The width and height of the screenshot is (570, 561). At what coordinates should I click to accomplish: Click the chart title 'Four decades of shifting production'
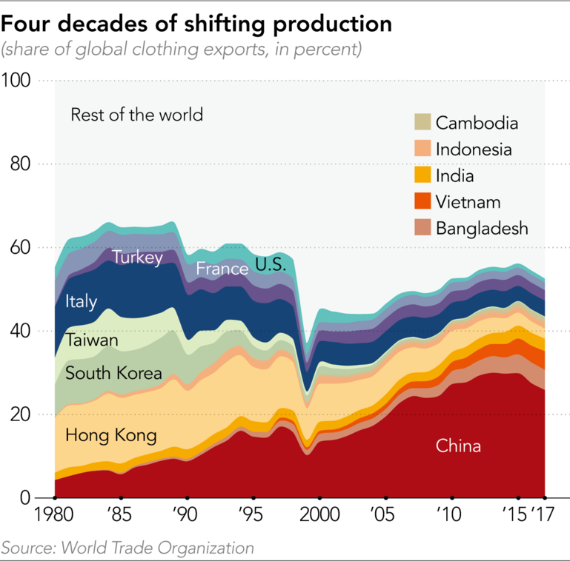click(196, 24)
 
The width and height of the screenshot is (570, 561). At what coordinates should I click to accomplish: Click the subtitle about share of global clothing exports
click(182, 50)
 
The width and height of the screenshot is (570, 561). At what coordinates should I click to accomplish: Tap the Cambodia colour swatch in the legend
click(422, 123)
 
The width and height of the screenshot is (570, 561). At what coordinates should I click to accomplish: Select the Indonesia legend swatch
click(422, 149)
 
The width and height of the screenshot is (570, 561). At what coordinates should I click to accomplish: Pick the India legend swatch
click(422, 175)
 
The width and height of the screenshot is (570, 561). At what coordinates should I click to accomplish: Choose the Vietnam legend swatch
click(422, 201)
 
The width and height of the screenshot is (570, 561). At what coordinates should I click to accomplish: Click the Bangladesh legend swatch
click(422, 227)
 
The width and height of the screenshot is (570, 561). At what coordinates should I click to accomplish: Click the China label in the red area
click(458, 446)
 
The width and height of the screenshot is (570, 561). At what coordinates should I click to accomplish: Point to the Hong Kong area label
click(111, 435)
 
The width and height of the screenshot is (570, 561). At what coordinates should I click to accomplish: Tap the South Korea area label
click(113, 373)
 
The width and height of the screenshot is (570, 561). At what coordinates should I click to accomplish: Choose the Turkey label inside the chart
click(137, 258)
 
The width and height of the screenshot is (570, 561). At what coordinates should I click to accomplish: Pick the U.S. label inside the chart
click(271, 264)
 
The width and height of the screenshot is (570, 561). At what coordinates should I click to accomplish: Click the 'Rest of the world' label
click(136, 115)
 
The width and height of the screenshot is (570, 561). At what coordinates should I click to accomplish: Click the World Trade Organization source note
click(127, 548)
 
